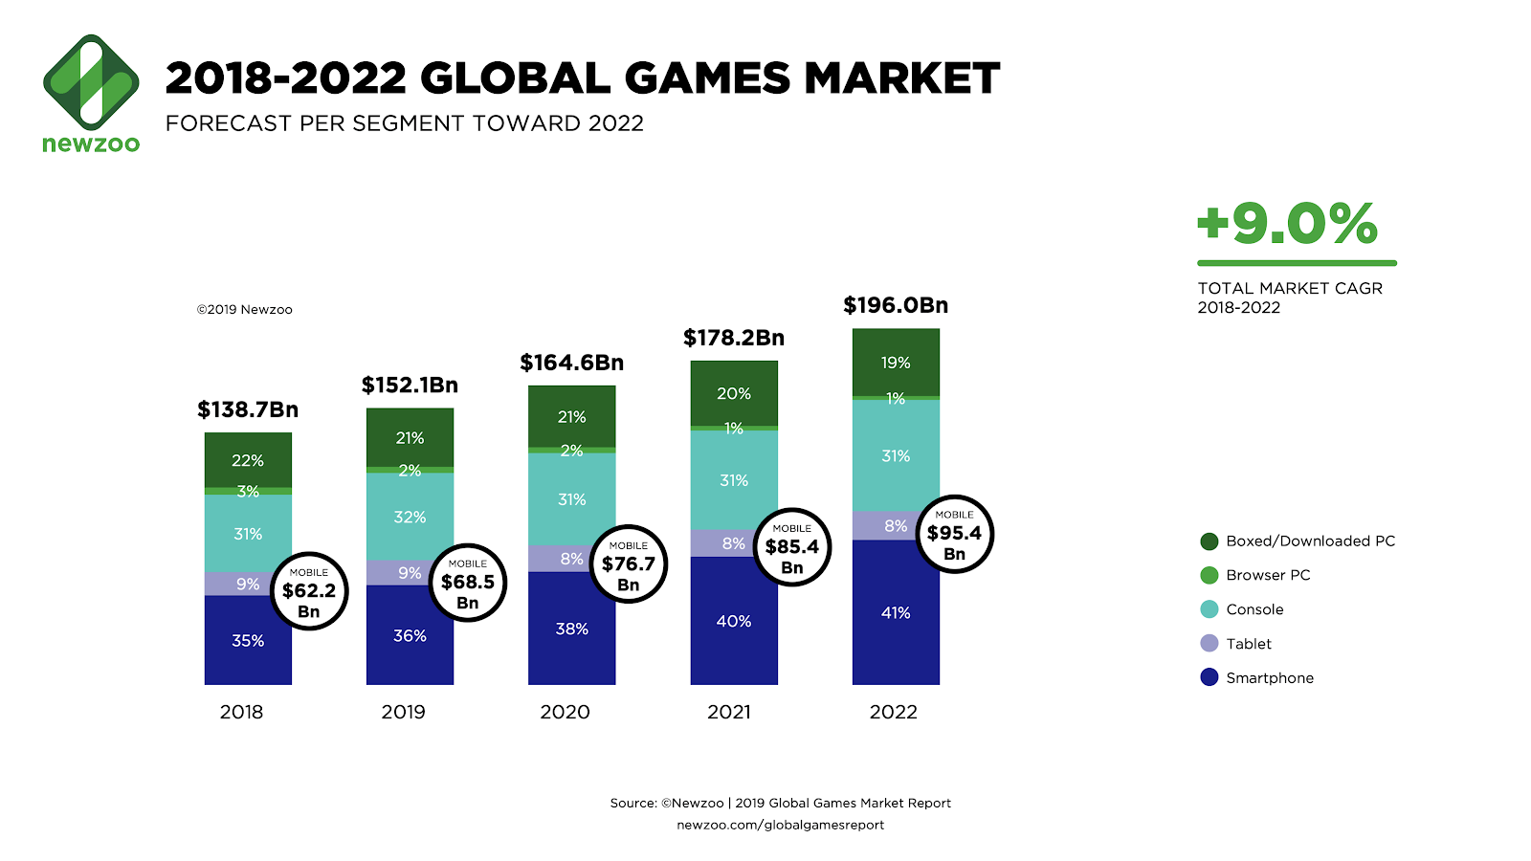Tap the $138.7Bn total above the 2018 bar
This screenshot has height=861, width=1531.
(248, 409)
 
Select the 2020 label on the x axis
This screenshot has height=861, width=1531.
(565, 712)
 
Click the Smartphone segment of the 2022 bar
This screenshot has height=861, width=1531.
(896, 612)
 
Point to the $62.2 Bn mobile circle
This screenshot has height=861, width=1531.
(308, 591)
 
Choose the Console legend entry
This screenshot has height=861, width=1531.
(1254, 609)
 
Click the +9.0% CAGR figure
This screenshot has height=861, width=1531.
(1287, 224)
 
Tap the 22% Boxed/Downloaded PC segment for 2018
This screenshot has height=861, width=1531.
(248, 460)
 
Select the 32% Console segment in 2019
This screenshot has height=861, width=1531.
(410, 517)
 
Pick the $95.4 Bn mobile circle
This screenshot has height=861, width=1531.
(954, 534)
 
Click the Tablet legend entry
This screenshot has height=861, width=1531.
(1248, 644)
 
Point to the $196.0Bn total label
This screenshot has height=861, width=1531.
(896, 305)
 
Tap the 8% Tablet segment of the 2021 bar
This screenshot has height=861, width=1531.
(733, 543)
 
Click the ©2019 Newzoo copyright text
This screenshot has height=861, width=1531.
(245, 310)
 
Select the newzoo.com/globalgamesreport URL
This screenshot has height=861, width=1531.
(780, 825)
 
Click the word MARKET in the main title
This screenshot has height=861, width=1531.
(901, 78)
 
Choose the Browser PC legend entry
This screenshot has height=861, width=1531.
(1267, 575)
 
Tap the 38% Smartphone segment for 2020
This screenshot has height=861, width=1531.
(571, 629)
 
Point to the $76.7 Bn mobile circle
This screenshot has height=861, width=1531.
(628, 564)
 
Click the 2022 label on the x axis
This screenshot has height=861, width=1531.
(893, 712)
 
